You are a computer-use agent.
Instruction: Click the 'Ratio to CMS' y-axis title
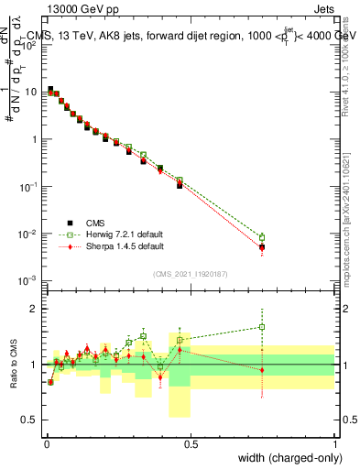point(14,364)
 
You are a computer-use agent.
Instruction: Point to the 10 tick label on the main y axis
point(32,92)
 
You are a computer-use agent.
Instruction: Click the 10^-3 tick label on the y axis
point(29,280)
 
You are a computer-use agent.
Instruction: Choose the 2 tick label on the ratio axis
point(36,309)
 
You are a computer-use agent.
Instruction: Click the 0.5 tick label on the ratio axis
point(32,420)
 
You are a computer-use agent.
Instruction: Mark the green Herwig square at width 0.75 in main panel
point(262,237)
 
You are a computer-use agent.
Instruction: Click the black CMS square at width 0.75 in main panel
point(262,247)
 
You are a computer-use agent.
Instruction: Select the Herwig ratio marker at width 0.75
point(262,326)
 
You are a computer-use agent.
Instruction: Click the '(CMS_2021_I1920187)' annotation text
point(191,272)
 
